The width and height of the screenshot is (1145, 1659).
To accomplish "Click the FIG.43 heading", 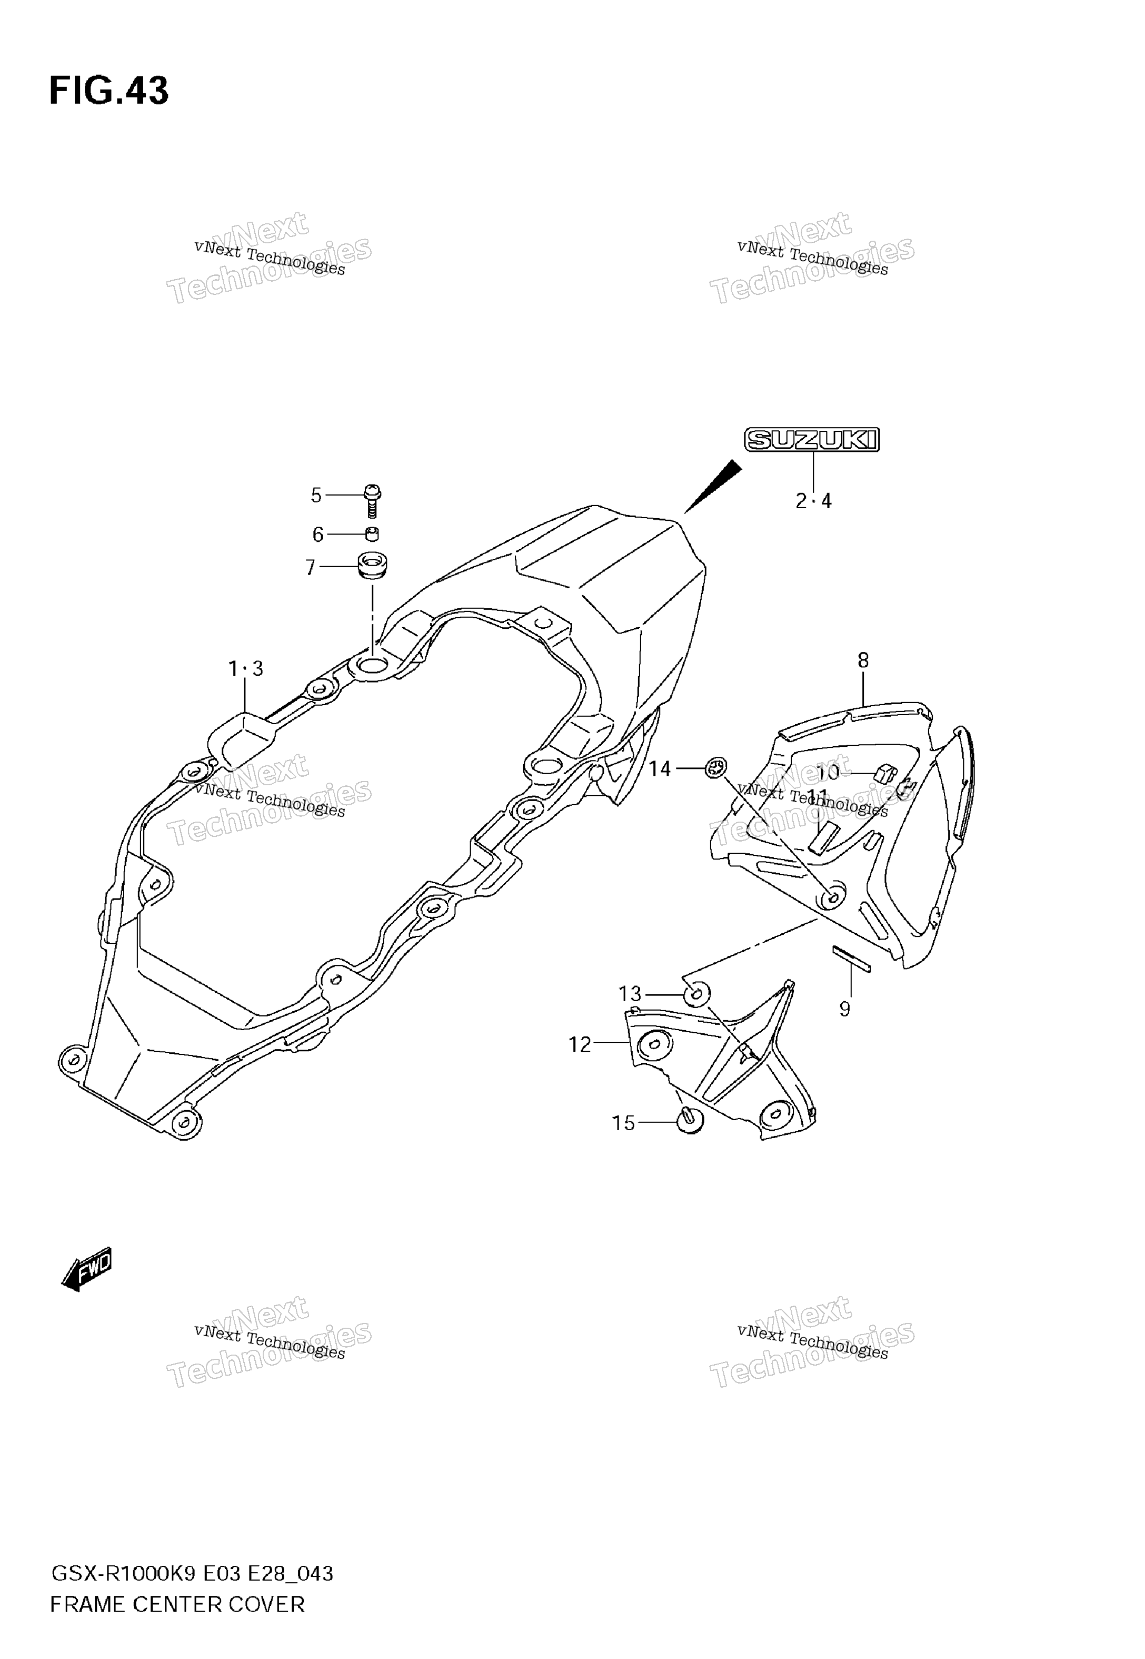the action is pos(109,91).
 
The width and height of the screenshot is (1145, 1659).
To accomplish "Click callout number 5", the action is pos(316,495).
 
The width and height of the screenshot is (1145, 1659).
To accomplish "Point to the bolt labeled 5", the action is pos(372,501).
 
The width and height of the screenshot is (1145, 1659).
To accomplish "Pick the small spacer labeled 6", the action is pos(372,534).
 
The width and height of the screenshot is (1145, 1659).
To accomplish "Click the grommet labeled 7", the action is pos(372,564).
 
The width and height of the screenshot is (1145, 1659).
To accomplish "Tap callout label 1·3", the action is pos(245,669).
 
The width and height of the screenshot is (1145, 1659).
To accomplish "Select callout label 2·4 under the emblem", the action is pos(813,501).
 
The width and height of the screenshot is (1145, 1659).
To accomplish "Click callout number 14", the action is pos(660,769).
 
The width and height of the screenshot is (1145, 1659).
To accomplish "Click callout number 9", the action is pos(844,1010).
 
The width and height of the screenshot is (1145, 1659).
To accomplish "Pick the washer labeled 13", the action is pos(696,994).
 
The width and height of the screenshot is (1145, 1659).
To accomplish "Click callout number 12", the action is pos(580,1045).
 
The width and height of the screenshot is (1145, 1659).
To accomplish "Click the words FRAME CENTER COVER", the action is pos(177,1604).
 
